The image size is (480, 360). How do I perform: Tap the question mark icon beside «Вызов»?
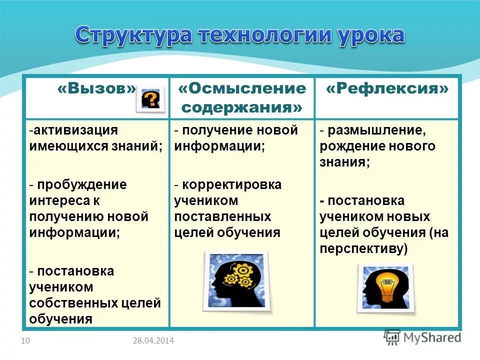coord(150,99)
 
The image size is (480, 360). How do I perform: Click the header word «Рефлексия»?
coord(387,88)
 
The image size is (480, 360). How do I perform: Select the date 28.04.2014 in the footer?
coord(153,341)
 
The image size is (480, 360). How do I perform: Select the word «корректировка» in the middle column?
coord(231,184)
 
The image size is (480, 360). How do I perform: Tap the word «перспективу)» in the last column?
coord(364,248)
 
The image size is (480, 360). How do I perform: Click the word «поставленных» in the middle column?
coord(222,216)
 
